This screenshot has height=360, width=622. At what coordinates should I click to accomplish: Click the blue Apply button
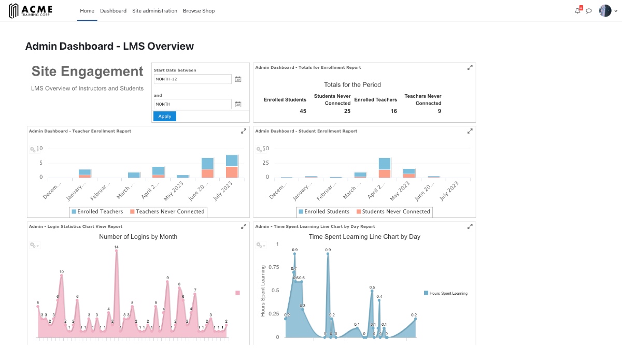pos(165,117)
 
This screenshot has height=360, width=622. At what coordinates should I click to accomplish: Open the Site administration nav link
pos(154,11)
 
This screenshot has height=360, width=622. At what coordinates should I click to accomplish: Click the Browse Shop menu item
pos(199,11)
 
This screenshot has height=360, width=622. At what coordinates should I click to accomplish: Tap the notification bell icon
pos(577,11)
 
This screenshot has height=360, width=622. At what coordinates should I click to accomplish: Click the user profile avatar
pos(605,11)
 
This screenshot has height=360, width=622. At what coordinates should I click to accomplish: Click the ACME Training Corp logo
pos(31,11)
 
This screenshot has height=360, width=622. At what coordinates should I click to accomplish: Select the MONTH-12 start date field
pos(192,79)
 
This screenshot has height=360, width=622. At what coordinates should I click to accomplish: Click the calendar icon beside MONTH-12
pos(238,79)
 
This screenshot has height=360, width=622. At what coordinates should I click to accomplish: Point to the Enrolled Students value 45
pos(303,111)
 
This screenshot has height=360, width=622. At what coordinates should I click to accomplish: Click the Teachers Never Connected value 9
pos(440,111)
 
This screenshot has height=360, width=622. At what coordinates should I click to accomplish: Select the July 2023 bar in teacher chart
pos(232,166)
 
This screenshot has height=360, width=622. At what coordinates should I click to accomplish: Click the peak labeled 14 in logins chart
pos(116,248)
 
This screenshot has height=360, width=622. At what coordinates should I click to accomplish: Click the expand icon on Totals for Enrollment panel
pos(470,67)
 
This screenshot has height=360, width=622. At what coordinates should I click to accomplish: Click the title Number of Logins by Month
pos(138,237)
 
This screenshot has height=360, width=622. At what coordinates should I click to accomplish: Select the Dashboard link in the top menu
pos(113,11)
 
